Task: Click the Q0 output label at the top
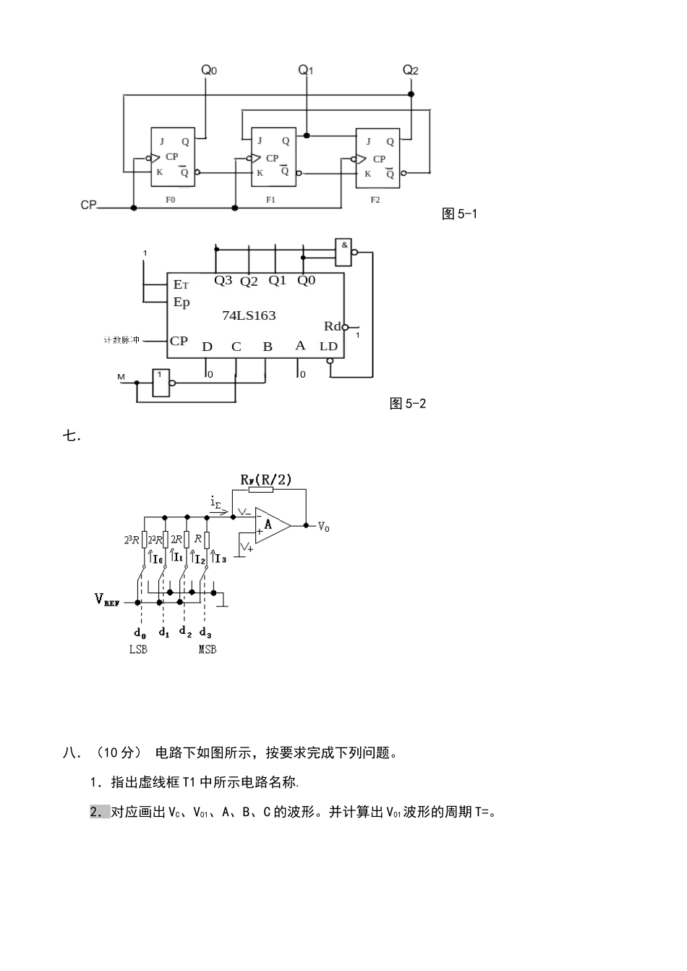[208, 70]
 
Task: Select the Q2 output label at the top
[410, 70]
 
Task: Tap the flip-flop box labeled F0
[172, 157]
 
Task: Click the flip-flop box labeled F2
[377, 158]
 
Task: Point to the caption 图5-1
[459, 213]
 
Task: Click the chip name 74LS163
[249, 315]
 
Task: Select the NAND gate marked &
[344, 250]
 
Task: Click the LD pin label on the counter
[328, 346]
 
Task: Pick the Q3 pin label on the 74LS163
[223, 280]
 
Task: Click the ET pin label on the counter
[181, 284]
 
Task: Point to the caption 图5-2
[408, 404]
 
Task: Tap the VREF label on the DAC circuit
[107, 599]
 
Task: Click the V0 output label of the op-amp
[323, 527]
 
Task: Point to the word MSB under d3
[208, 650]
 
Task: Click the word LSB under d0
[138, 650]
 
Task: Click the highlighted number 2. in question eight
[99, 812]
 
